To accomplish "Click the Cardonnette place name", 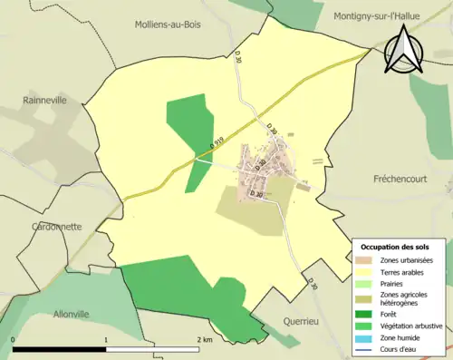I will [56, 227].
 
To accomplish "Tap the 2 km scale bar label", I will [205, 339].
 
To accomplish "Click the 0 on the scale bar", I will [13, 339].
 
